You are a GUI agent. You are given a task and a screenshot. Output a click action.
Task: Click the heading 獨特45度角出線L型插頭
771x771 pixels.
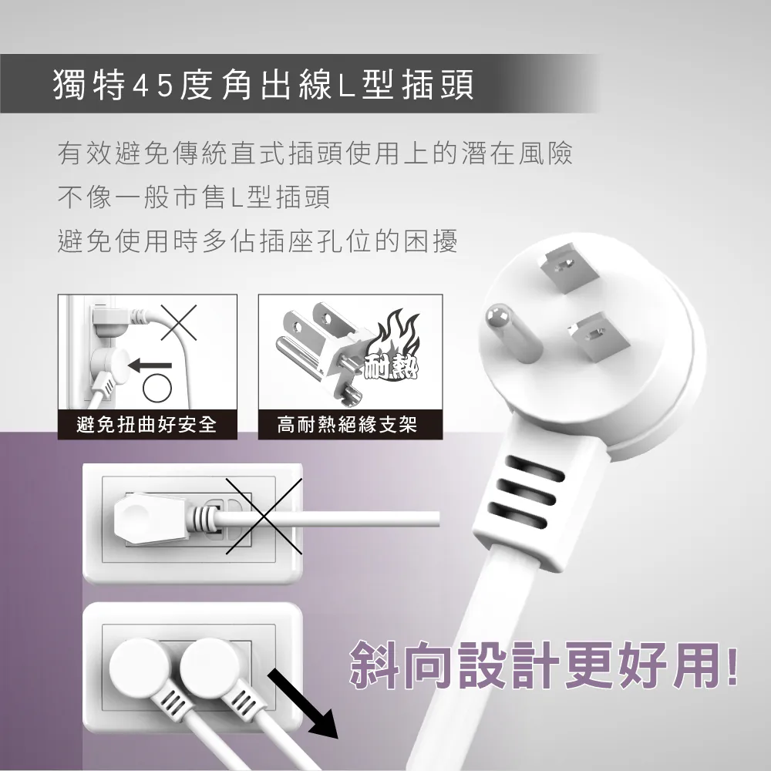263,84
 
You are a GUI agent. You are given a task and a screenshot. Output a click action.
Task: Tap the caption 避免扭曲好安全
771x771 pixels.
146,424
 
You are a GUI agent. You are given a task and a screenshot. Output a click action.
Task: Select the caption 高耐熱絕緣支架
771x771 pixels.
347,424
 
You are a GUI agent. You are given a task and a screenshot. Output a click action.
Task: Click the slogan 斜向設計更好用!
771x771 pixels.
544,665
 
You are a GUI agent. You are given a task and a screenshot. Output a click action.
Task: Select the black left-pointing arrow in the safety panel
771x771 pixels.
150,365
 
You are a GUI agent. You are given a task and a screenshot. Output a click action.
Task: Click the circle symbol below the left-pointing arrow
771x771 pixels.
157,389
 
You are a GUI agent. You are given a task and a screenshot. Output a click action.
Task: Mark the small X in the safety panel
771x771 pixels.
179,322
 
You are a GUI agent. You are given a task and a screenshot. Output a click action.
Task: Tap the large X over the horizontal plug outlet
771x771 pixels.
264,517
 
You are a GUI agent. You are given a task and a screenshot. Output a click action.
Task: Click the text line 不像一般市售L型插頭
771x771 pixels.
194,197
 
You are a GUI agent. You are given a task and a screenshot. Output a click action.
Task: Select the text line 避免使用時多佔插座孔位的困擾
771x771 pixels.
258,241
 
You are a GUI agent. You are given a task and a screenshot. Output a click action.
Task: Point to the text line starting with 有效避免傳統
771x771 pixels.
315,153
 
